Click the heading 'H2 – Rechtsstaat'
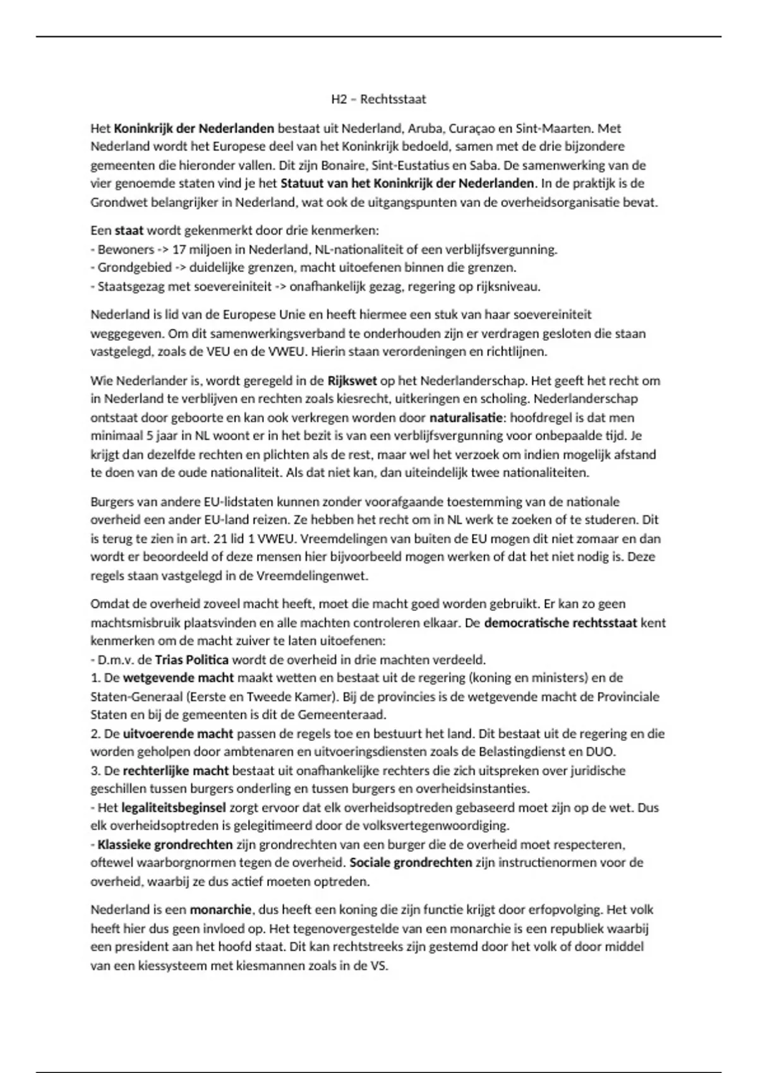click(x=379, y=99)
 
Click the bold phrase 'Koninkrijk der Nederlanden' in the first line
click(x=194, y=129)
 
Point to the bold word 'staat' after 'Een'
click(x=129, y=230)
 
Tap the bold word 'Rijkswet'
click(x=352, y=381)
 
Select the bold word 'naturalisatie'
click(x=466, y=418)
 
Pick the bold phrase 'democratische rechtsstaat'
click(x=560, y=623)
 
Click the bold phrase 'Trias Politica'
click(x=191, y=660)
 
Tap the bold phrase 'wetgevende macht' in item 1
click(x=178, y=678)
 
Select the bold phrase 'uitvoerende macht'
click(x=178, y=734)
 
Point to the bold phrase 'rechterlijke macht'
click(x=176, y=771)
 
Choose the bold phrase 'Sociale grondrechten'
click(x=411, y=863)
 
